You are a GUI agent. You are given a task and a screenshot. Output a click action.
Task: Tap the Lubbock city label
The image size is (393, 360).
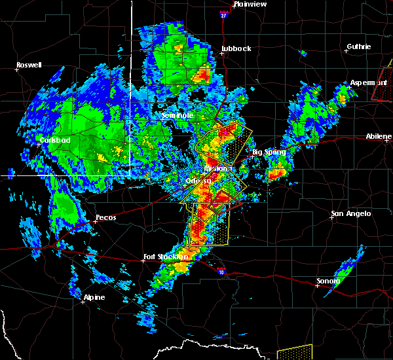(236, 48)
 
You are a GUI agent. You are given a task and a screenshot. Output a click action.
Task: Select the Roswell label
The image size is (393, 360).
(29, 65)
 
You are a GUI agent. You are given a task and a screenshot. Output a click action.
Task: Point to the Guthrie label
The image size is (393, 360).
(358, 46)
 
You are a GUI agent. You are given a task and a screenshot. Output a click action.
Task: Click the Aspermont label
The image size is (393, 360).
(368, 82)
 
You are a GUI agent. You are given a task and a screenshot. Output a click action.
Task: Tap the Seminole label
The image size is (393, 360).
(178, 115)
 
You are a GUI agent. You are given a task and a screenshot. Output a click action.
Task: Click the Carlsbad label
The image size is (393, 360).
(54, 140)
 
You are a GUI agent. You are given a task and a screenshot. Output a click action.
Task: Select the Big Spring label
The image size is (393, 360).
(269, 152)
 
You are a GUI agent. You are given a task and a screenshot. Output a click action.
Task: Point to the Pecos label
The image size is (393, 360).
(105, 217)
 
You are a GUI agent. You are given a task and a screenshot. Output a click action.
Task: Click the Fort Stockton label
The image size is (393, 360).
(166, 257)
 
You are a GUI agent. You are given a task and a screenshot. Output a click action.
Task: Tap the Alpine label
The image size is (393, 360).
(94, 297)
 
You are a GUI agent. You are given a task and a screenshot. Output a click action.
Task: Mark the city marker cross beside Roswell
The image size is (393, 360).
(18, 71)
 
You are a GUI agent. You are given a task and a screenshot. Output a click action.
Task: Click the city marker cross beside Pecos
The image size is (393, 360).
(94, 221)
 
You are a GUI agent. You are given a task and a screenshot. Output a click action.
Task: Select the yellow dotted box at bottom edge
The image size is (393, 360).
(293, 353)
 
